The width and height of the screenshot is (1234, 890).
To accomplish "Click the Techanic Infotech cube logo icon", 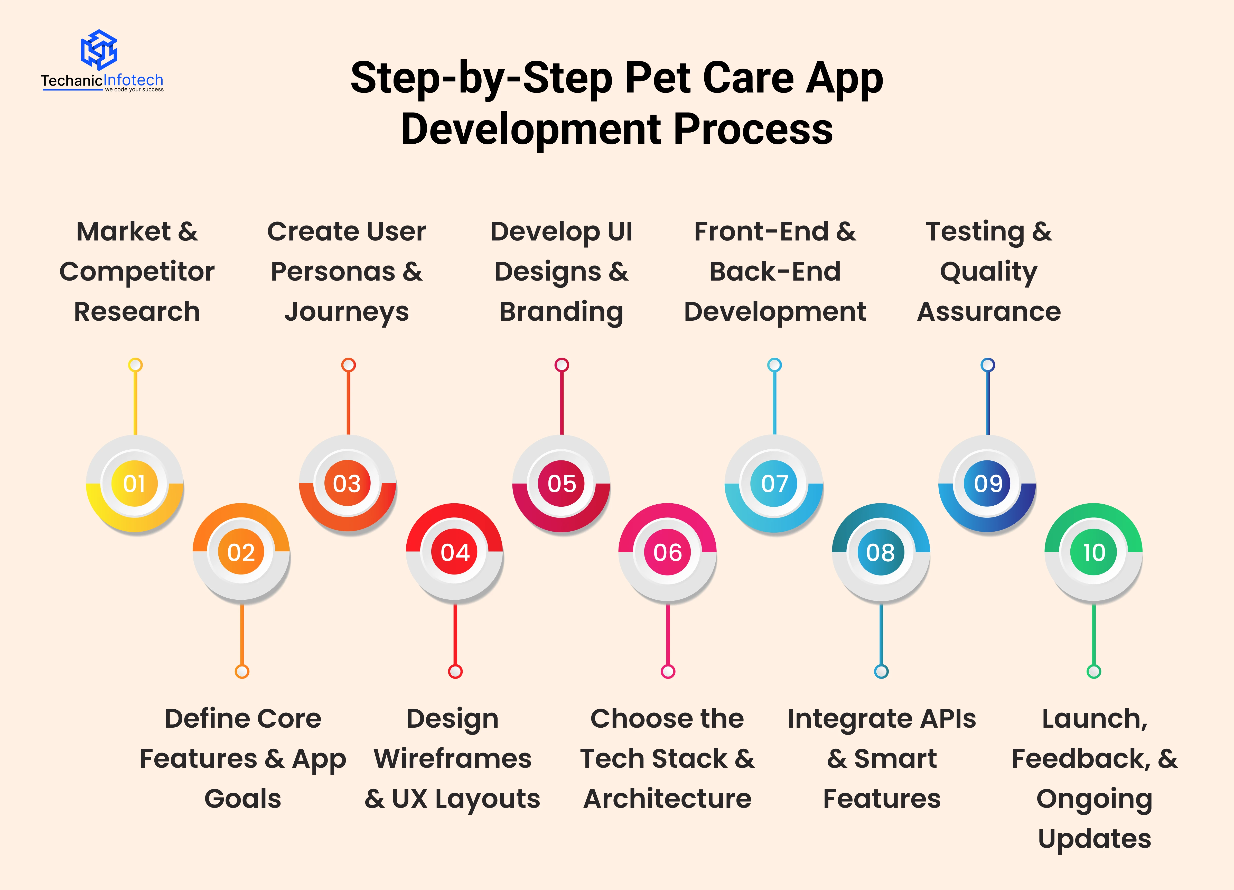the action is tap(99, 50).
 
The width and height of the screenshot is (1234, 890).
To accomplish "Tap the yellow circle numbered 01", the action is tap(134, 483).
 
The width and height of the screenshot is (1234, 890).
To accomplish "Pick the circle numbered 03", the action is tap(347, 483).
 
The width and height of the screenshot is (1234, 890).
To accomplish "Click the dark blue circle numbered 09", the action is tap(987, 483).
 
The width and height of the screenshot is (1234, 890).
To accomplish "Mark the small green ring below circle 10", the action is tap(1094, 671).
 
